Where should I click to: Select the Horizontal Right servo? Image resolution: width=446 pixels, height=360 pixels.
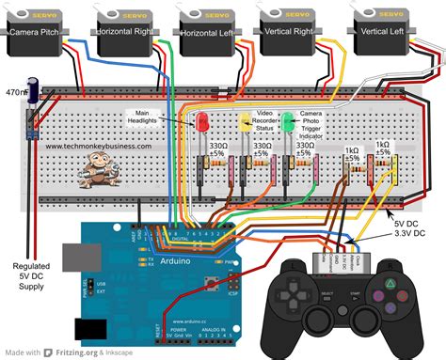(x=126, y=31)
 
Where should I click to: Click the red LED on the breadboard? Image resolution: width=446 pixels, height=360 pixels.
(x=201, y=121)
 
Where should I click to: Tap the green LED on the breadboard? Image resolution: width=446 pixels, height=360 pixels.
(x=287, y=120)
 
